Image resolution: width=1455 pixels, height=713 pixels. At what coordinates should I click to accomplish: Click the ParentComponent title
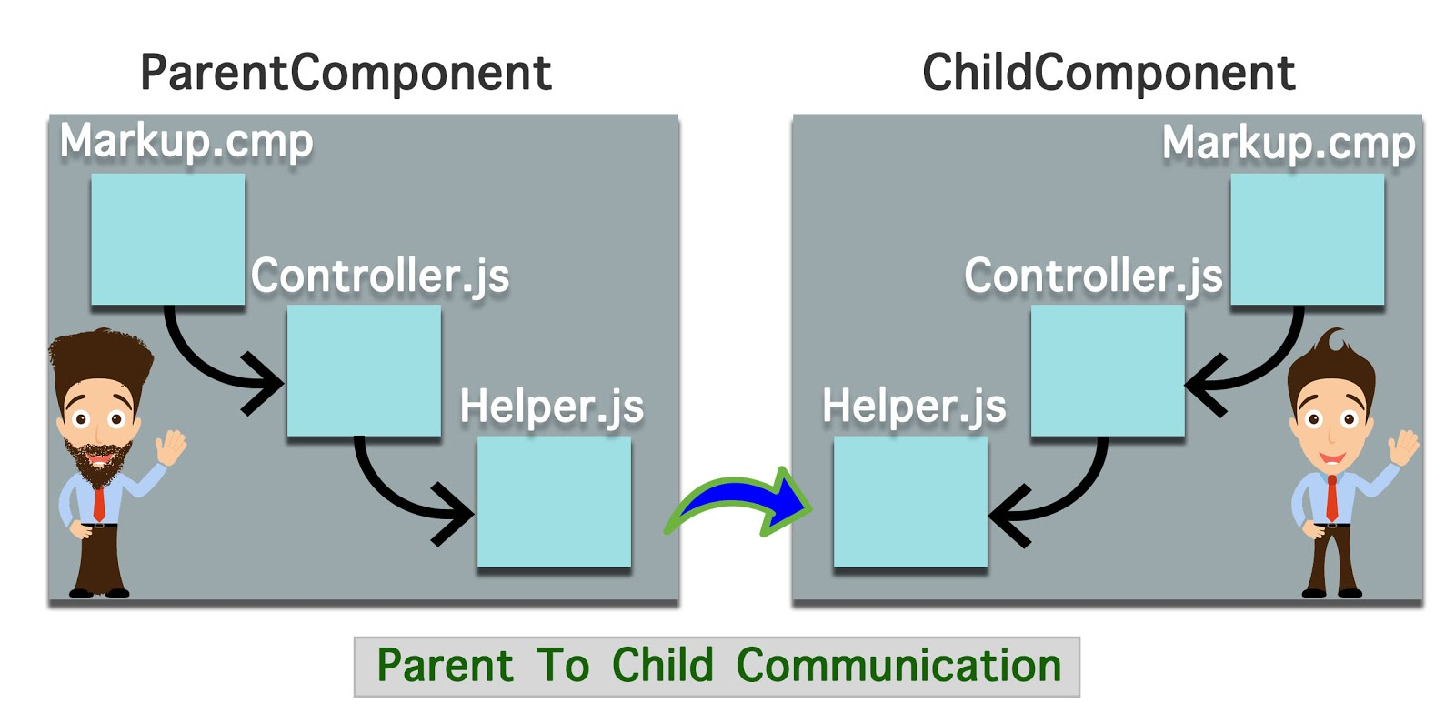pyautogui.click(x=346, y=73)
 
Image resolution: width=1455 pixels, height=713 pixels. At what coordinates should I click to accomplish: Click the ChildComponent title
pyautogui.click(x=1108, y=73)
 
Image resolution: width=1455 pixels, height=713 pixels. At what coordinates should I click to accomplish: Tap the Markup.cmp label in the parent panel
pyautogui.click(x=186, y=142)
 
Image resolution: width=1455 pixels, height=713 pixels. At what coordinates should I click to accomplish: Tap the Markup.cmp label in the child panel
pyautogui.click(x=1289, y=143)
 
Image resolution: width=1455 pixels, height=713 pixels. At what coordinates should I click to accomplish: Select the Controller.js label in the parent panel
pyautogui.click(x=380, y=276)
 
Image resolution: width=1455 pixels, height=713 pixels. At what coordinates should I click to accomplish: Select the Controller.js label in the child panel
pyautogui.click(x=1093, y=276)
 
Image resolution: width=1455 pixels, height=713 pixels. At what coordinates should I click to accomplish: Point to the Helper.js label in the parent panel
pyautogui.click(x=551, y=407)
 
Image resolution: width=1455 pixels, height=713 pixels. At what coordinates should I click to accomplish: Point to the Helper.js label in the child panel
pyautogui.click(x=914, y=407)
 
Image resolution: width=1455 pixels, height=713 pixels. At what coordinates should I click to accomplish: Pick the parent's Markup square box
pyautogui.click(x=168, y=238)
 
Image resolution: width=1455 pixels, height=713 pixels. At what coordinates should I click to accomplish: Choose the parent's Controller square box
pyautogui.click(x=364, y=370)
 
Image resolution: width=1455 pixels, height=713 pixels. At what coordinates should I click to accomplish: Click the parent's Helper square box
pyautogui.click(x=554, y=501)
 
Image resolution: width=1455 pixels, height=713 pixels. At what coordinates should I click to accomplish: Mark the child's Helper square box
pyautogui.click(x=910, y=501)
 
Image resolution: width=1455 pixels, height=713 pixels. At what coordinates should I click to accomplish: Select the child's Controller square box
pyautogui.click(x=1107, y=370)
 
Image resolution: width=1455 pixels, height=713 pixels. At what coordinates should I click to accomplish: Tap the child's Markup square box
pyautogui.click(x=1307, y=238)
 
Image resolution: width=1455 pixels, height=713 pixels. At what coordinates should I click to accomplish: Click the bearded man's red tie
pyautogui.click(x=99, y=502)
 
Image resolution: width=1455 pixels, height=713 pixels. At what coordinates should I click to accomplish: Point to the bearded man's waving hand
pyautogui.click(x=170, y=447)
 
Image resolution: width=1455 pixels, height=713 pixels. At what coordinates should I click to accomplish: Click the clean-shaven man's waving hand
pyautogui.click(x=1404, y=447)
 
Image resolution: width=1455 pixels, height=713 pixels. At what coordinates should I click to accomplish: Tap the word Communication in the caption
pyautogui.click(x=898, y=666)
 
